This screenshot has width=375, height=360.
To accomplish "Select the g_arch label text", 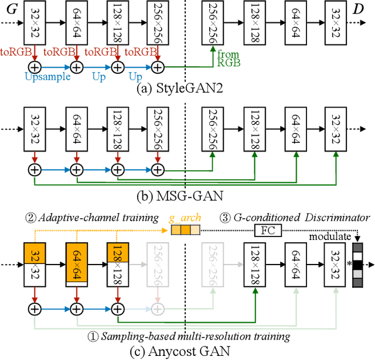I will (185, 218).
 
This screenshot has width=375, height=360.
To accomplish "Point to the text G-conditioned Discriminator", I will (311, 218).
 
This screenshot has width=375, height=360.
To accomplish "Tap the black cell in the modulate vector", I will (358, 265).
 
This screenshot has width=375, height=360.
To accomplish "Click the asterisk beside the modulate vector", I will (349, 265).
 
